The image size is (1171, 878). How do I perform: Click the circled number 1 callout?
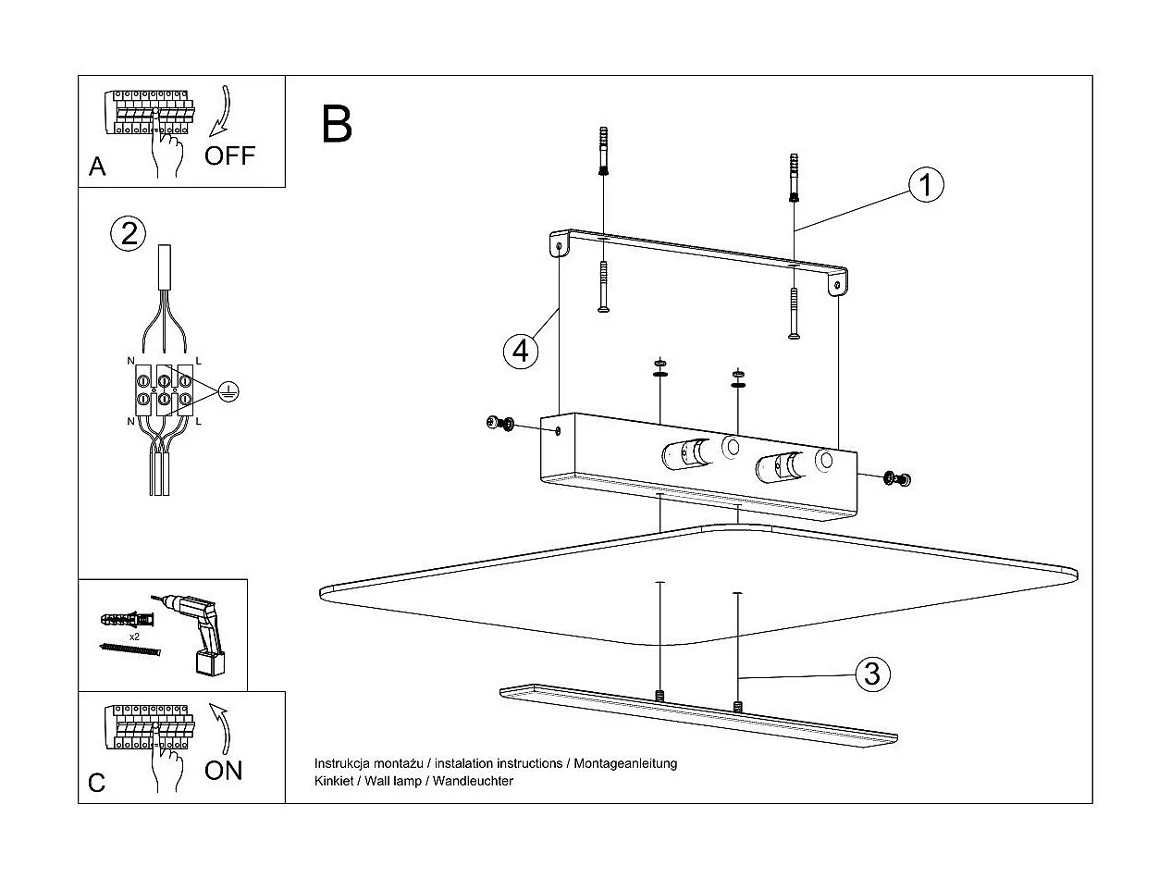coord(925,185)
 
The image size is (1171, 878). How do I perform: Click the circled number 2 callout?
coord(129,232)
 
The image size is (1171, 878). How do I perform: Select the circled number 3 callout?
coord(871,674)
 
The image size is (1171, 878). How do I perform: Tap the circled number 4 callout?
coord(522,351)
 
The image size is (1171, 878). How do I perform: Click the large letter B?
coord(337,124)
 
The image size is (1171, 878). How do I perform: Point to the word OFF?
coord(229,155)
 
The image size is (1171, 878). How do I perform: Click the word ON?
coord(223,771)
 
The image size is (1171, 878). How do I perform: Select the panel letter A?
coord(97,167)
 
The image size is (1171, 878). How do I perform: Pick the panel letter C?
coord(97,783)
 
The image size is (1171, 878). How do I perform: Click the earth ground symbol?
coord(228,392)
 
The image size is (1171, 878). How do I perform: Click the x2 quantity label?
coord(134,637)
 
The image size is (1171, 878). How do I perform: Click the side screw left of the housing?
coord(499,424)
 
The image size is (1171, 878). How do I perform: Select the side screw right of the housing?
coord(896,478)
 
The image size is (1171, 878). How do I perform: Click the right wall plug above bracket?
coord(794,178)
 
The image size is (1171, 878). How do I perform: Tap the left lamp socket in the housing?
coord(684,455)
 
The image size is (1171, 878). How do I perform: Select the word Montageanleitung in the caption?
coord(626,763)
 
